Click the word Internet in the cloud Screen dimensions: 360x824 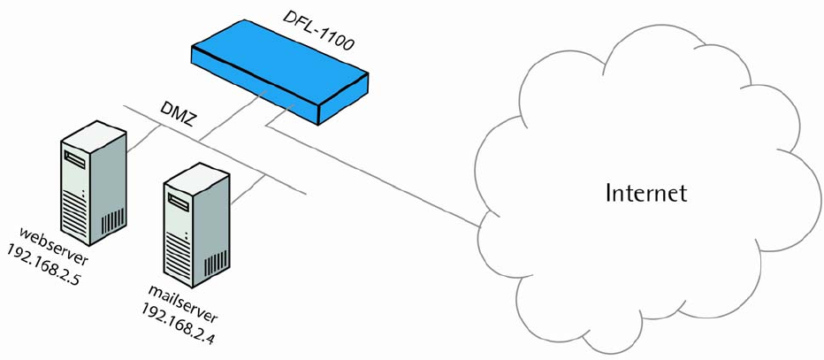point(645,192)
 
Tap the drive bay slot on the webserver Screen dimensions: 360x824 point(74,161)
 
